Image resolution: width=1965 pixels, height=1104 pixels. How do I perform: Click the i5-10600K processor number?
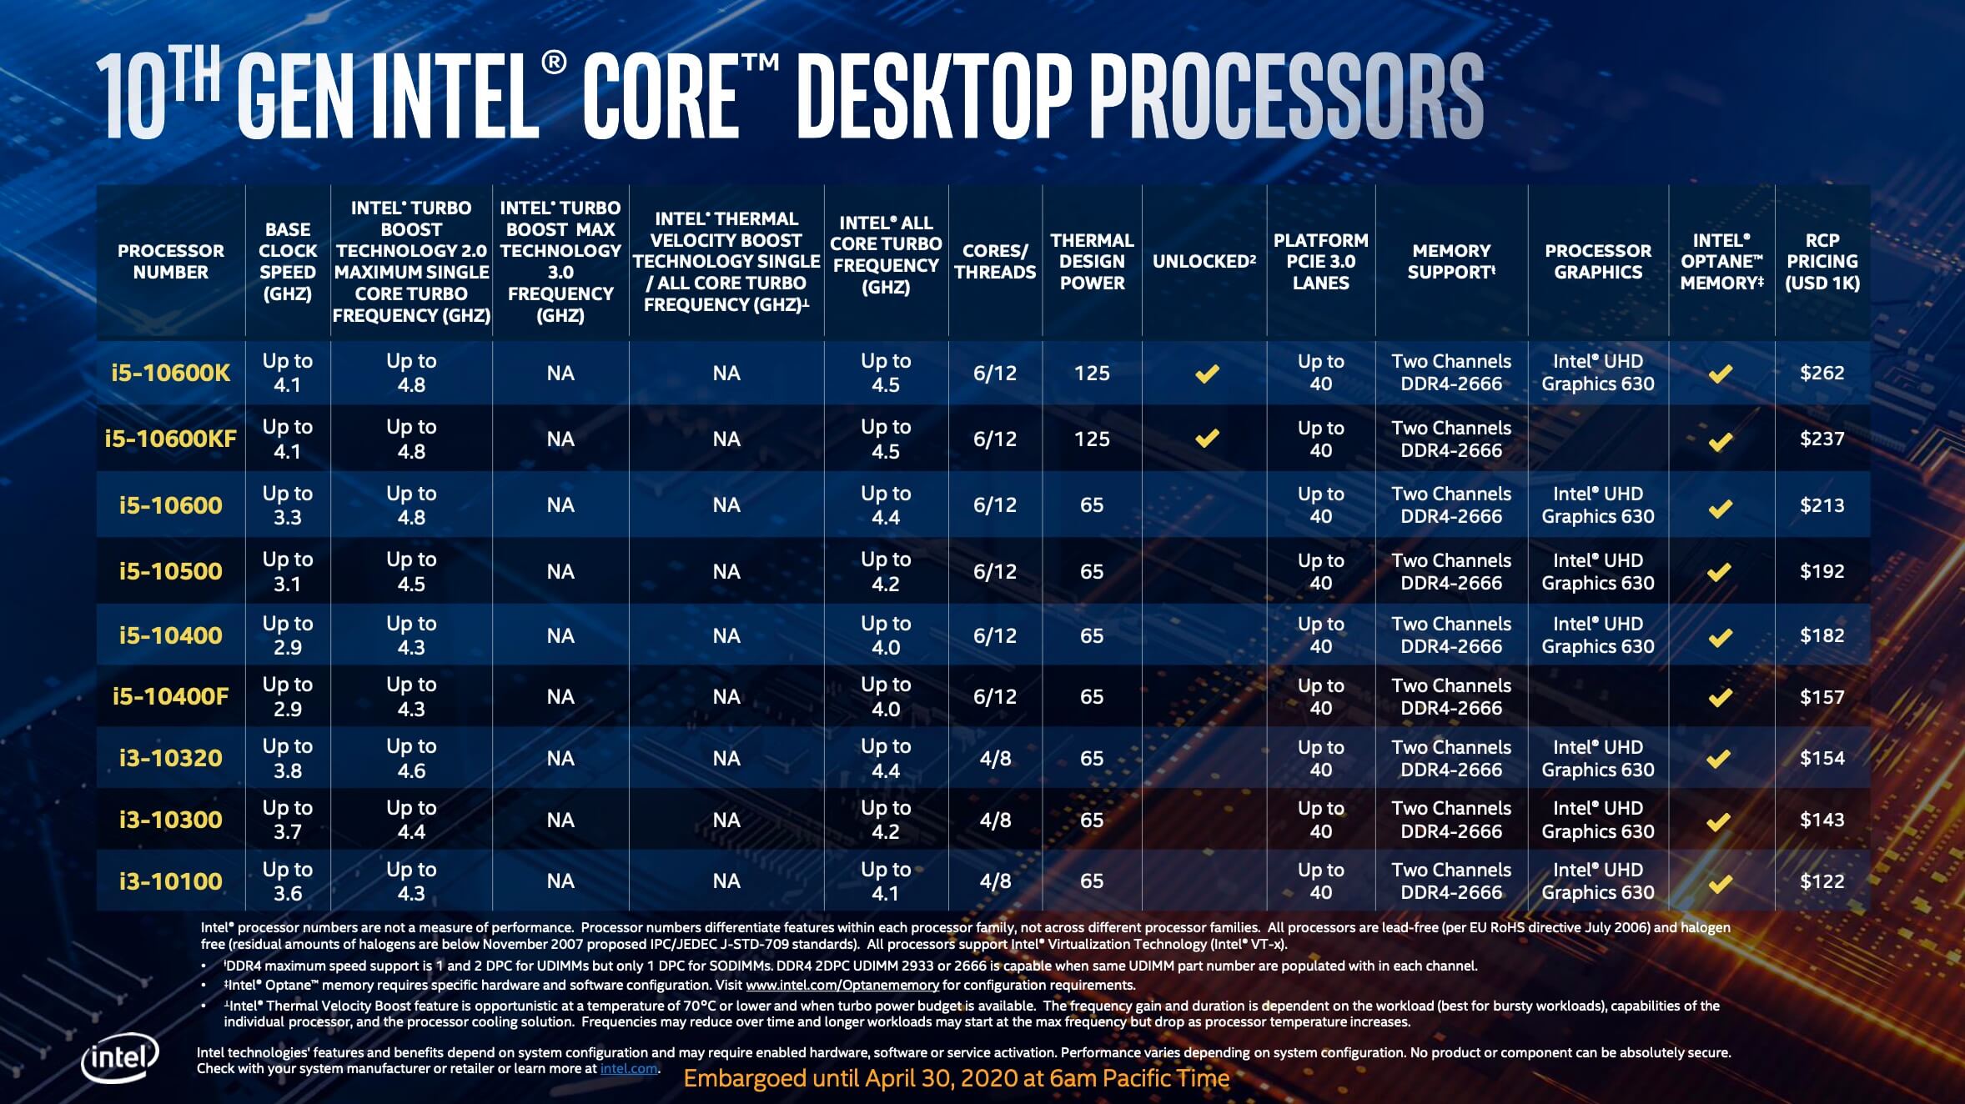click(170, 373)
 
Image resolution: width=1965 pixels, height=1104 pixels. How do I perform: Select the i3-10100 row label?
click(170, 881)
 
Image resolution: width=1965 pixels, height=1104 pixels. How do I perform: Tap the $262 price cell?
click(1822, 373)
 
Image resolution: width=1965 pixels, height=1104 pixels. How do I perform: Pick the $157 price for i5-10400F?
click(1822, 697)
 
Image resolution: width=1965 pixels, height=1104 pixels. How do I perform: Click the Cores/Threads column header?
click(995, 262)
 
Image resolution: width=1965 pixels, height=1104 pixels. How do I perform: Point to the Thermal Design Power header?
click(1092, 262)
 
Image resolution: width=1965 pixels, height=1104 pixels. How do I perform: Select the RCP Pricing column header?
click(1822, 262)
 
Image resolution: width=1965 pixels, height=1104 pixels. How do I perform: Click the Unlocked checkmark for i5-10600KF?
click(1207, 438)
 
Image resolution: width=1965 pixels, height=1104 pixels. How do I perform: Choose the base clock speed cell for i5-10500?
click(287, 571)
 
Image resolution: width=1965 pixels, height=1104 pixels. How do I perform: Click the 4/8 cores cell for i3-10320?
click(995, 758)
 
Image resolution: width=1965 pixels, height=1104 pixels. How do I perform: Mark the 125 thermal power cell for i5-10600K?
click(1092, 373)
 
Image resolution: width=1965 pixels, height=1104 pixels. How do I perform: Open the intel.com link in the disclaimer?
click(629, 1069)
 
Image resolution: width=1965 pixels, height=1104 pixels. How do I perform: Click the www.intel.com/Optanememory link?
click(842, 986)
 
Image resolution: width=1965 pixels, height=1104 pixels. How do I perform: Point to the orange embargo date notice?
click(957, 1079)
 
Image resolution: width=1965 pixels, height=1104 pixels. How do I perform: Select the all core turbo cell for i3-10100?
click(886, 881)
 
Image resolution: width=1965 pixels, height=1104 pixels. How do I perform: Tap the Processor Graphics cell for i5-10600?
click(1597, 505)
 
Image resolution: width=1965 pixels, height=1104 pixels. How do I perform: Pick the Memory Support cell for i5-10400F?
click(1451, 697)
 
